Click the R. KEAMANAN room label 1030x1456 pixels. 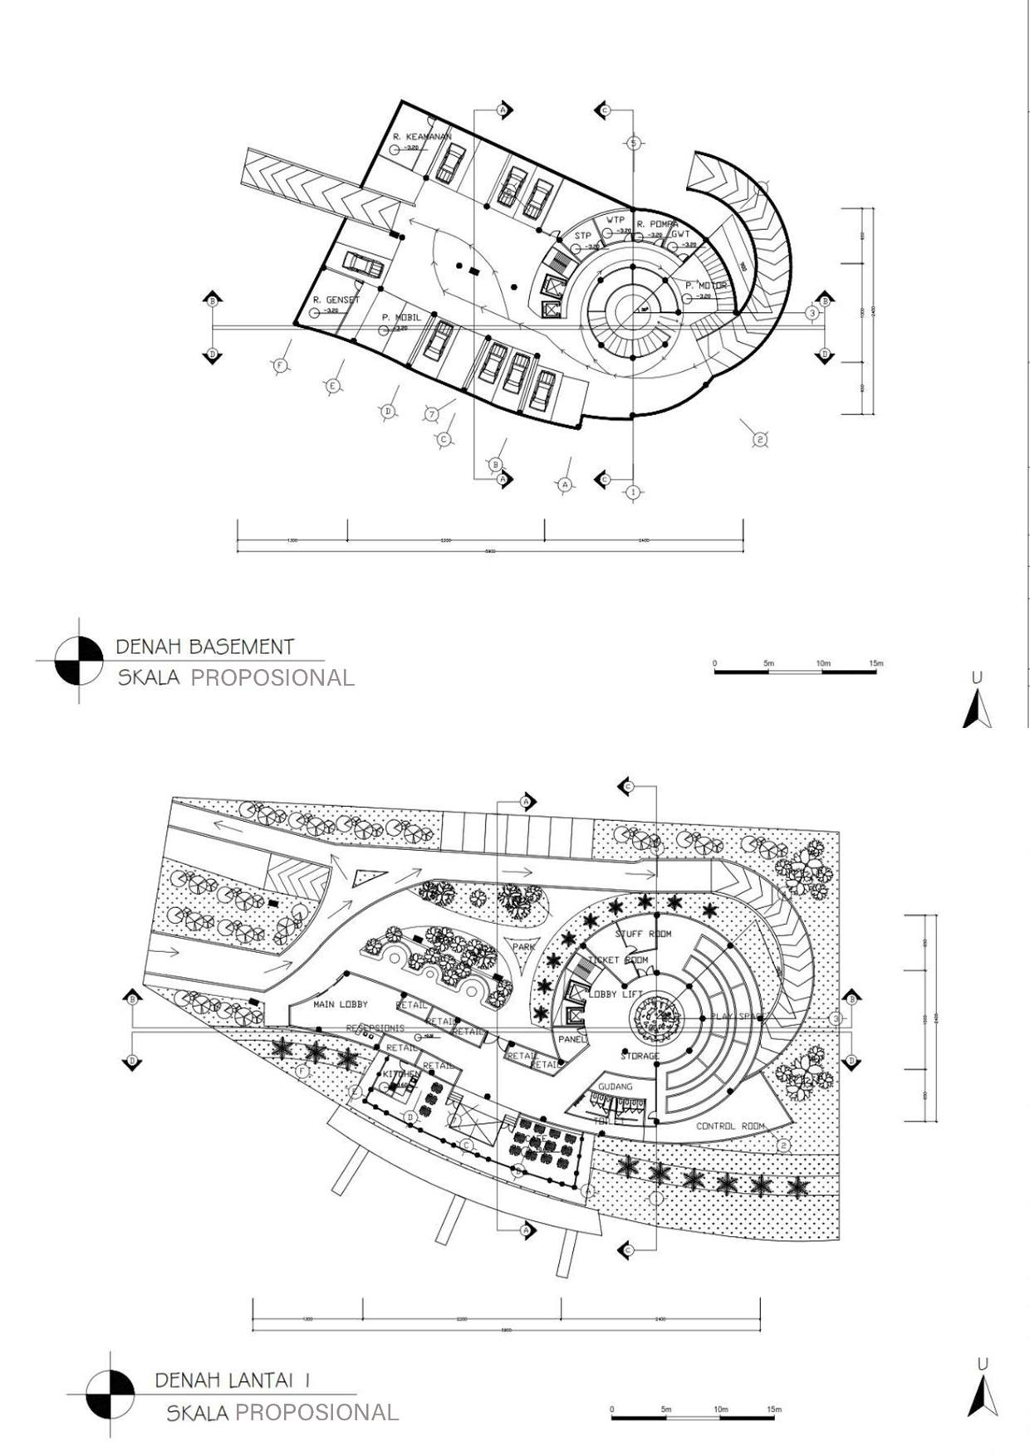[x=421, y=137]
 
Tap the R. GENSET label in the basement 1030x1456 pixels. [x=336, y=300]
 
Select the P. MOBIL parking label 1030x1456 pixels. [x=401, y=317]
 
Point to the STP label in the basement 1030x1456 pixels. [x=583, y=237]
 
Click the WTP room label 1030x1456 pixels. [x=615, y=220]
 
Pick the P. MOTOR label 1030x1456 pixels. [x=706, y=286]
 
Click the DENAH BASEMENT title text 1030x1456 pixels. [x=205, y=647]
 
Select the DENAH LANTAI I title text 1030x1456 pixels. [x=233, y=1380]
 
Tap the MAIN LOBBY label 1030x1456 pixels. [x=341, y=1004]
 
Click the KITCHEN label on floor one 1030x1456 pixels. [x=401, y=1074]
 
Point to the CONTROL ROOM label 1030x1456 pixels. [x=730, y=1126]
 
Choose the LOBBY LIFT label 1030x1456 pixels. [x=615, y=994]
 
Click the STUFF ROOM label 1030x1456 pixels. [x=643, y=934]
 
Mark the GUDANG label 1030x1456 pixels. [x=615, y=1086]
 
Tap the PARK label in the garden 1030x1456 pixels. [x=524, y=946]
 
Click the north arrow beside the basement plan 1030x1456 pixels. [x=977, y=711]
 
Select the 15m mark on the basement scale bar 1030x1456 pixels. [x=875, y=664]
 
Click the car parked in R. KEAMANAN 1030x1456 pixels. [x=451, y=163]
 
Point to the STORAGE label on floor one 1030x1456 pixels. [x=640, y=1056]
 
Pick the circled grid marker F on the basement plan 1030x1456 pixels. [x=280, y=365]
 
